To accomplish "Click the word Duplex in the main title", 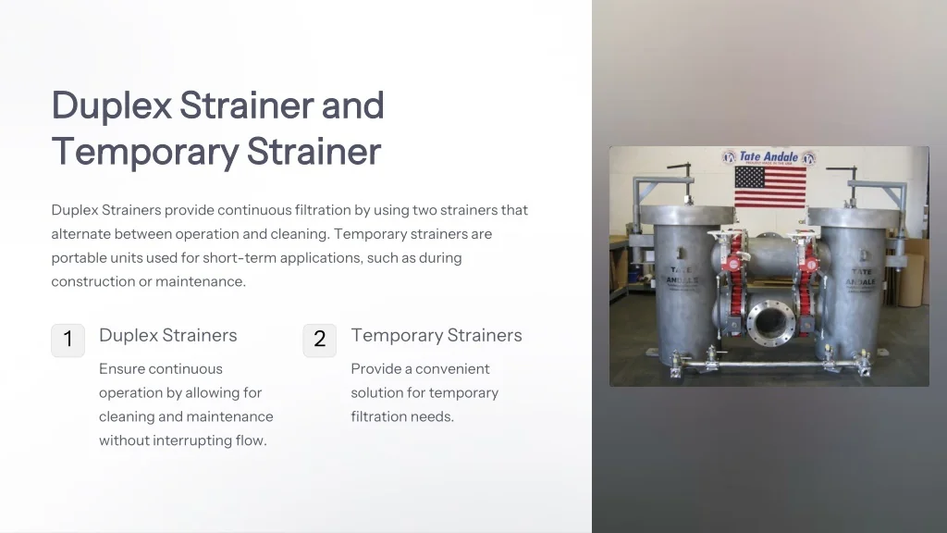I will [112, 106].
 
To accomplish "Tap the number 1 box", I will [68, 340].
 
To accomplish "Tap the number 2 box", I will [319, 340].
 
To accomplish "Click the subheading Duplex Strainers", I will [167, 335].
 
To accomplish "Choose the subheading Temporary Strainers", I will [436, 335].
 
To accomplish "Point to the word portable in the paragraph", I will [78, 258].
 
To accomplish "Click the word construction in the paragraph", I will [92, 281].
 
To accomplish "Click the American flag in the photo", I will [769, 186].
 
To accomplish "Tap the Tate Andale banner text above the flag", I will [769, 157].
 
